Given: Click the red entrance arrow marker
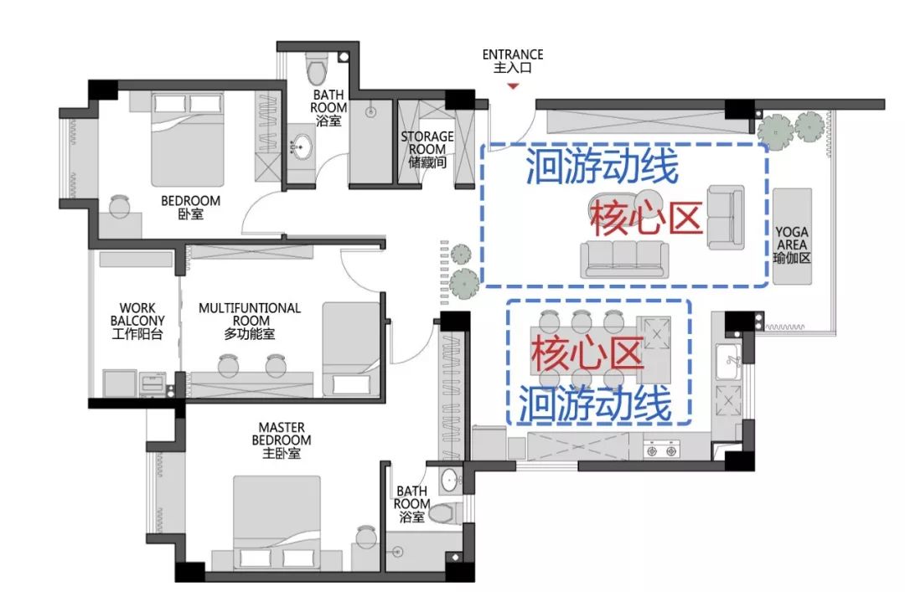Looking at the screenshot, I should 514,85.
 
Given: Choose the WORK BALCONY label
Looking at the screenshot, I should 137,321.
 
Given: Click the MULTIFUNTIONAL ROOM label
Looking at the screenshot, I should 250,321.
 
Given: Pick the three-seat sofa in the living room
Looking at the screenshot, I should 623,259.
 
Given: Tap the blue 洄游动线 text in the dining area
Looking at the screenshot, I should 595,405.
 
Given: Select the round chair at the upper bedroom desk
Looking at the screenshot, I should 120,203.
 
